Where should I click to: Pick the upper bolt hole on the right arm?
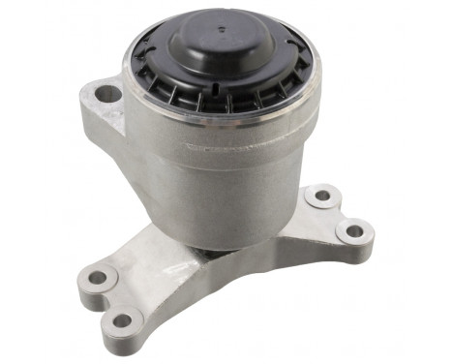[x=322, y=196]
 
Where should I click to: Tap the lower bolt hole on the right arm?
[x=354, y=232]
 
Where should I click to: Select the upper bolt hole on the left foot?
[x=98, y=279]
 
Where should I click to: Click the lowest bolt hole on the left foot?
[x=122, y=320]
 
